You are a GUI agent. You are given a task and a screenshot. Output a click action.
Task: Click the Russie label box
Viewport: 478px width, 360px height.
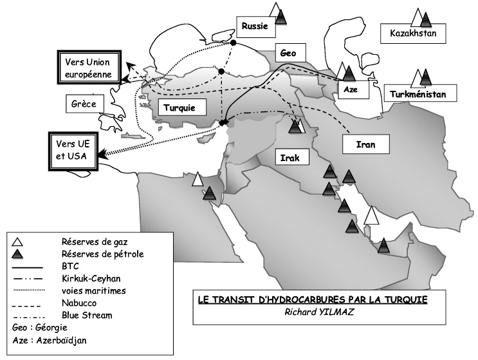click(x=256, y=26)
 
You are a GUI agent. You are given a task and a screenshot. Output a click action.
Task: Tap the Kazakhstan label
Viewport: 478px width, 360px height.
click(x=413, y=33)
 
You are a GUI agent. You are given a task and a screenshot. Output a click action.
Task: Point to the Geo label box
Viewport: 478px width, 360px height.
click(x=290, y=53)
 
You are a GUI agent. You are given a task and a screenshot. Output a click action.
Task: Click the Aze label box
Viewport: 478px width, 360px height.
click(x=353, y=90)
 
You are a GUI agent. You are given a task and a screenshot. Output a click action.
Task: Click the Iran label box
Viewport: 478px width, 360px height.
click(x=366, y=144)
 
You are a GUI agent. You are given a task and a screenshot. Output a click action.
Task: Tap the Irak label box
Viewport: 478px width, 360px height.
click(x=292, y=157)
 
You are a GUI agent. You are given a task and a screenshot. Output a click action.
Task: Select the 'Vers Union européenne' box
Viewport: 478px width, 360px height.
click(x=89, y=68)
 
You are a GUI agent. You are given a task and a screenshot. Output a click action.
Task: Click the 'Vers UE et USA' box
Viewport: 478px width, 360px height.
click(x=73, y=151)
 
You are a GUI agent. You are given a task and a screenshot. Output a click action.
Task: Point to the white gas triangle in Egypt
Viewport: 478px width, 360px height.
click(x=198, y=179)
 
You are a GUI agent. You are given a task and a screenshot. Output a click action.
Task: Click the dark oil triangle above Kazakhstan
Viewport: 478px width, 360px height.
click(x=426, y=19)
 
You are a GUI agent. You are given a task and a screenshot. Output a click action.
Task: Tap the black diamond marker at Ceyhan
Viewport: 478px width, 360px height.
click(x=224, y=122)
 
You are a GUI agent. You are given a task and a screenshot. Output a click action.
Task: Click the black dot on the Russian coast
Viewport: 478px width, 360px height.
click(x=233, y=43)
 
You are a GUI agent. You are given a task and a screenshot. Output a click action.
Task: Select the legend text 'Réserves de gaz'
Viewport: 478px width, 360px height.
click(x=95, y=242)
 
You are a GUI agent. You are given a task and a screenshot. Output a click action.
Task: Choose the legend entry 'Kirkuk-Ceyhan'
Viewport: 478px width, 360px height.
click(x=91, y=279)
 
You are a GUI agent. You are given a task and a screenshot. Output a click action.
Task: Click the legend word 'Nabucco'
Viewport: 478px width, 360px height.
click(x=79, y=303)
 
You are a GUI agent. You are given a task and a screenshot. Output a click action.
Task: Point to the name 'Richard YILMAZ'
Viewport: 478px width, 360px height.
click(x=319, y=312)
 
